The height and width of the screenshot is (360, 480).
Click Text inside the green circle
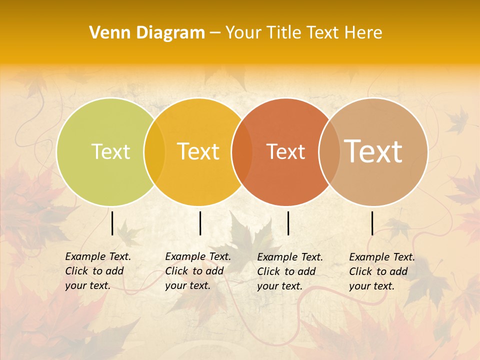110,151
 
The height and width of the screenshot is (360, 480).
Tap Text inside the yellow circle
198,151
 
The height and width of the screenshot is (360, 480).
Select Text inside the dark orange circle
285,151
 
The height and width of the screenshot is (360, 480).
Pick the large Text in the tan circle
373,151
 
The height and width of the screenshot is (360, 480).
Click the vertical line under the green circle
112,223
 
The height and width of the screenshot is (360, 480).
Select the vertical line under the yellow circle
200,223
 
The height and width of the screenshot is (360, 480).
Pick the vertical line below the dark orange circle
288,223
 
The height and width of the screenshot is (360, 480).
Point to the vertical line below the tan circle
372,223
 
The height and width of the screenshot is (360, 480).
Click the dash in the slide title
215,33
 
